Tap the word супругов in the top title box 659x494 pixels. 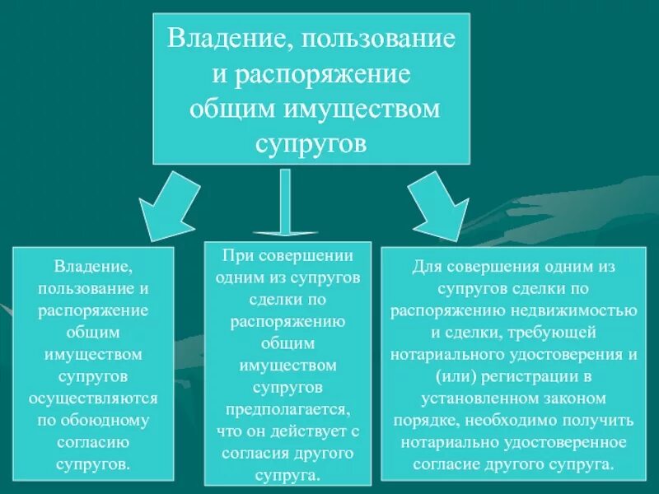coord(311,142)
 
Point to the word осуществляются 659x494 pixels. coord(93,398)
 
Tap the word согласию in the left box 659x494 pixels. coord(93,441)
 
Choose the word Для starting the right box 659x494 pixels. coord(424,268)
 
